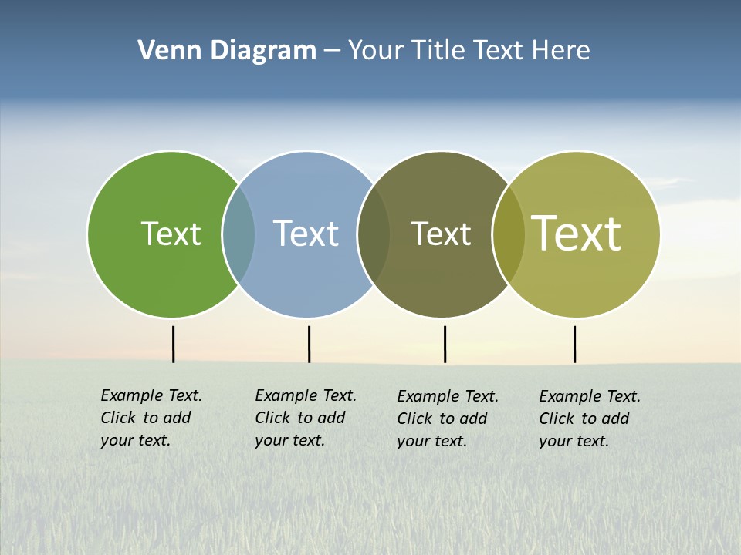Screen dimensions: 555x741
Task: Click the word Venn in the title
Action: pyautogui.click(x=164, y=51)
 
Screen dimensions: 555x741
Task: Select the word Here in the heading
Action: pyautogui.click(x=561, y=51)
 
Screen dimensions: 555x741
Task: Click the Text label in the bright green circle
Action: pyautogui.click(x=171, y=234)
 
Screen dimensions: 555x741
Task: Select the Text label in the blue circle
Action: pyautogui.click(x=306, y=234)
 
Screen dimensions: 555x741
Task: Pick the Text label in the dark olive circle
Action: pyautogui.click(x=441, y=234)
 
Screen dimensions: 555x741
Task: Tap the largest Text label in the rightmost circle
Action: pyautogui.click(x=577, y=234)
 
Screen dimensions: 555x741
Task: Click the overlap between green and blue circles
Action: pyautogui.click(x=239, y=234)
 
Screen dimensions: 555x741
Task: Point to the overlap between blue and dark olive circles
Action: pyautogui.click(x=374, y=234)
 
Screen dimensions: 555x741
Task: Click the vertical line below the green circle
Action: pyautogui.click(x=173, y=344)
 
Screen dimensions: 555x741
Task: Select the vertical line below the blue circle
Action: pyautogui.click(x=309, y=344)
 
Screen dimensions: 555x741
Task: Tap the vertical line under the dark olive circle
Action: pyautogui.click(x=445, y=344)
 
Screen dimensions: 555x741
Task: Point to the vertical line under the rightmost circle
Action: pyautogui.click(x=574, y=344)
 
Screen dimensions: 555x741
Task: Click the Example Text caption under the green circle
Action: pyautogui.click(x=151, y=418)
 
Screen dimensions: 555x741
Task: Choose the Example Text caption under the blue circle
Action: pyautogui.click(x=305, y=418)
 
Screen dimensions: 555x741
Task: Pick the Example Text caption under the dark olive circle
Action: pyautogui.click(x=447, y=419)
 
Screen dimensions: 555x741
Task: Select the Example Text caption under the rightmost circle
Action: pyautogui.click(x=589, y=419)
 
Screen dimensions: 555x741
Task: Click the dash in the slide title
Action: pyautogui.click(x=332, y=52)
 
